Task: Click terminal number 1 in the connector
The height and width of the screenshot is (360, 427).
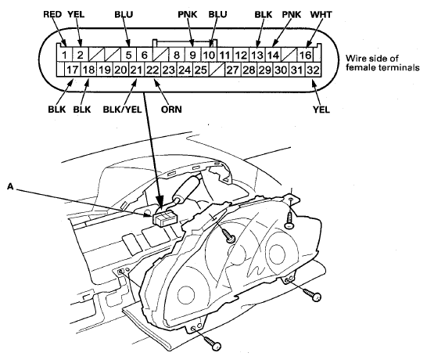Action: [64, 55]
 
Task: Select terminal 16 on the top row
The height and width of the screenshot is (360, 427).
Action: [305, 55]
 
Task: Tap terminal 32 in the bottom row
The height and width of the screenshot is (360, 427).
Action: [313, 70]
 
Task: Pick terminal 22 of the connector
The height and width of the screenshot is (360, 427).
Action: [152, 70]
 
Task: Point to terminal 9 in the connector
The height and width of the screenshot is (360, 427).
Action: [193, 55]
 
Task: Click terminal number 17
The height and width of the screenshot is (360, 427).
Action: [73, 70]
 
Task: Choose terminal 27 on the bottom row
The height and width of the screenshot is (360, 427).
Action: [232, 70]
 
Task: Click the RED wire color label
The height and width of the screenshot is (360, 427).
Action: [52, 14]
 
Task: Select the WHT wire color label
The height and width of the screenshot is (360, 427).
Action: [321, 14]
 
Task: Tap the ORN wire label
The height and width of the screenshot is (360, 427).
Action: [171, 110]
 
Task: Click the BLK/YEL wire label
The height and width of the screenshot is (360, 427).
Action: [122, 110]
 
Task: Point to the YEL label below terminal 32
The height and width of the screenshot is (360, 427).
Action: [321, 110]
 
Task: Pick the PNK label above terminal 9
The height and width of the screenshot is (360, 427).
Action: [188, 14]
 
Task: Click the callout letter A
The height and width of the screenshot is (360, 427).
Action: [10, 186]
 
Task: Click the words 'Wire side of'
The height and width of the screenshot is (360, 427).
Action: [372, 59]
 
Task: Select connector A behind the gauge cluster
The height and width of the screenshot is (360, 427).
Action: [165, 218]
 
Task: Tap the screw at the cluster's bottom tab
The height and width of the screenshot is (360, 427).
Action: [212, 343]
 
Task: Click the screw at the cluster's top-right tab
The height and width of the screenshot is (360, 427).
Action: [289, 218]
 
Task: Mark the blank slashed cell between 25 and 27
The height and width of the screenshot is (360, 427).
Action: [217, 70]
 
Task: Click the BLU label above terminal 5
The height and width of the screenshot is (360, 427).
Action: [124, 14]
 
